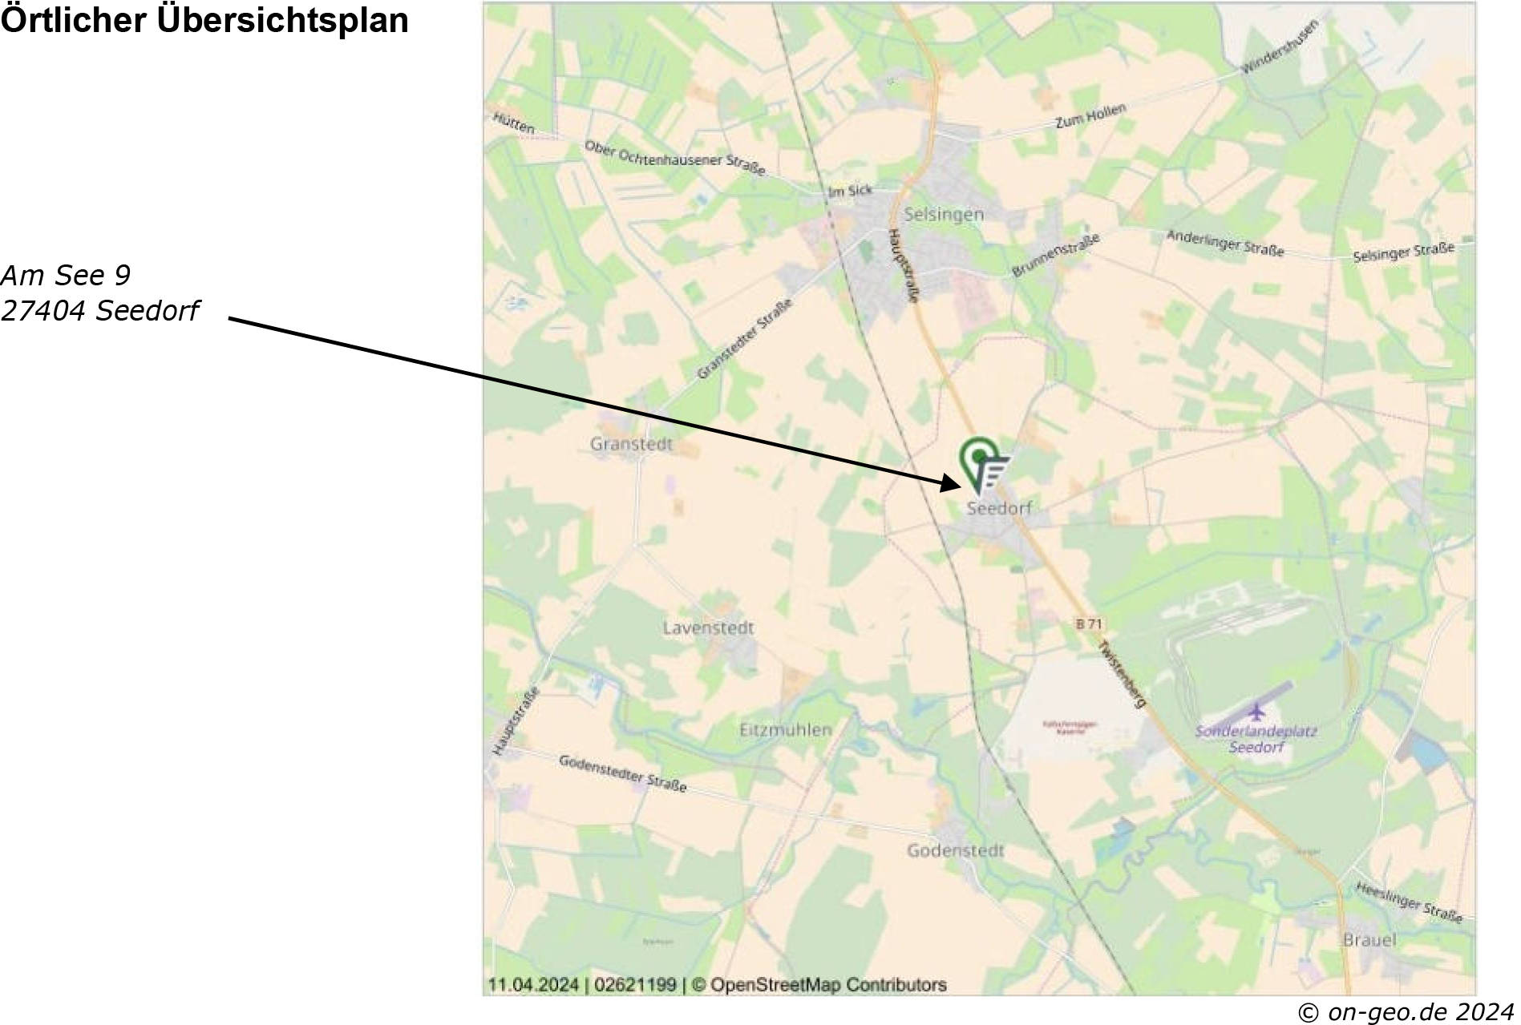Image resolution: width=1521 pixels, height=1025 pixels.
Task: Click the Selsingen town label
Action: (x=943, y=214)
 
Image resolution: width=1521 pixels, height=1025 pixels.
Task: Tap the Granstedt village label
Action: (x=631, y=444)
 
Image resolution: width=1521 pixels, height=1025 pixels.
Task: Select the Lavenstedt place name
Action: (x=708, y=628)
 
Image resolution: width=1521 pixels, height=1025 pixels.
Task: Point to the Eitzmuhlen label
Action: (x=785, y=729)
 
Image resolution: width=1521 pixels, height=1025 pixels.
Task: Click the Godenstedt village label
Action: (x=955, y=850)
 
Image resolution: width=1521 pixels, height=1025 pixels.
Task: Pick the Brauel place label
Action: (x=1369, y=939)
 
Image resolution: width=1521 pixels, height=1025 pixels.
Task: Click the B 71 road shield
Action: (x=1089, y=623)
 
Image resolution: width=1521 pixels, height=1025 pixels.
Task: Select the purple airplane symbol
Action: (x=1256, y=711)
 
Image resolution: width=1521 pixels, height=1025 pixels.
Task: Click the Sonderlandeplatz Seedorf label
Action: (x=1256, y=739)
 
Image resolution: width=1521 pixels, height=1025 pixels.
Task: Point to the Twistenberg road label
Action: (x=1122, y=673)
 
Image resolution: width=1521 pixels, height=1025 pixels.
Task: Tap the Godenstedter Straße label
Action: (x=622, y=773)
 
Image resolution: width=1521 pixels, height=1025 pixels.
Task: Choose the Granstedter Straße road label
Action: (x=744, y=339)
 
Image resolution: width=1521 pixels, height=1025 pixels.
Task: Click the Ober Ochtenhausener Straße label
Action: (x=674, y=158)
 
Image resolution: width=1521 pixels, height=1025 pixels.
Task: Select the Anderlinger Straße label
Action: (x=1224, y=244)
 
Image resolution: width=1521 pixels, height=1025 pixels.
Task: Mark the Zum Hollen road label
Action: (x=1090, y=115)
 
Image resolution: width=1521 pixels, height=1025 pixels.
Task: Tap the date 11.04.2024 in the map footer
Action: (x=533, y=984)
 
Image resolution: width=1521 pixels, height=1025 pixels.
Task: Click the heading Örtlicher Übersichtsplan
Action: (x=204, y=21)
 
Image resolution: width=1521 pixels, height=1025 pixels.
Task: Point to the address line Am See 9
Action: (x=66, y=275)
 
